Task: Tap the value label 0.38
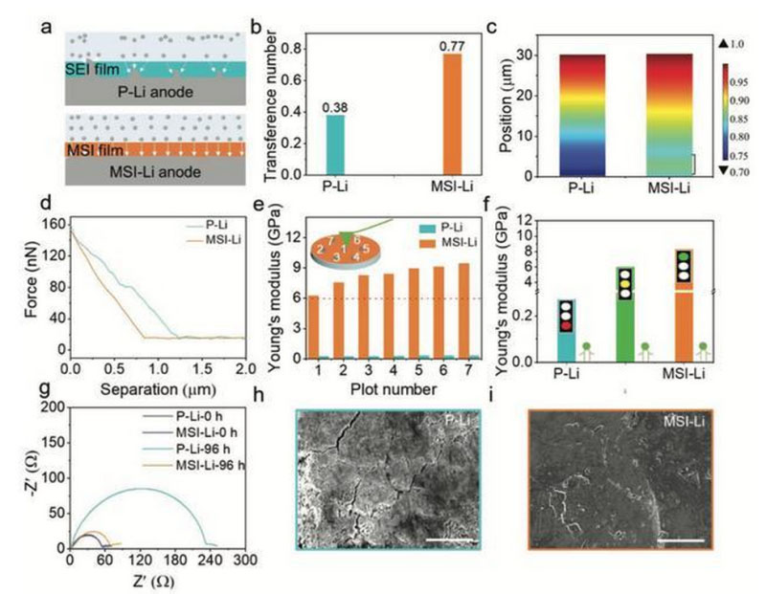coord(335,107)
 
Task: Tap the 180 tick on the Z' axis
coord(174,561)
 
